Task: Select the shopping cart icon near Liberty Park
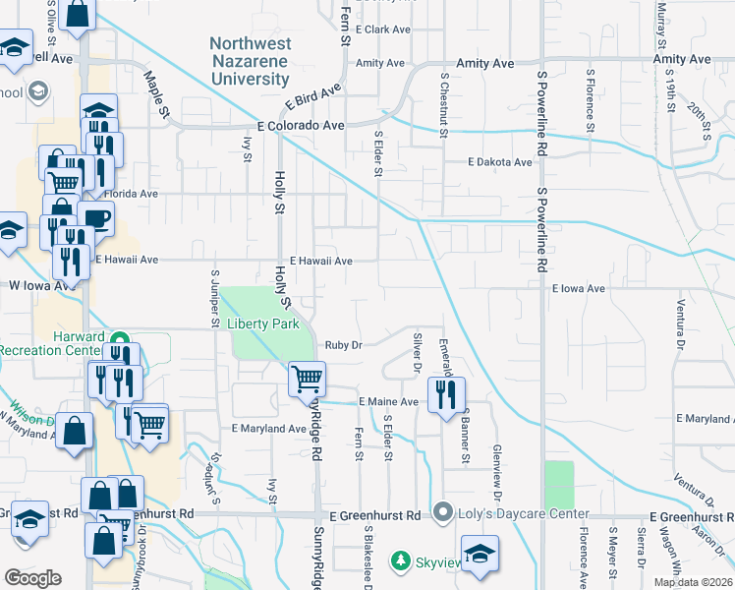click(308, 378)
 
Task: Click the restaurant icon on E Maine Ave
click(448, 394)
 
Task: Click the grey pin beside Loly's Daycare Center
click(443, 512)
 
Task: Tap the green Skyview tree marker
click(400, 560)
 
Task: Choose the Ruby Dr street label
click(344, 345)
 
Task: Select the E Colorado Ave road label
click(301, 126)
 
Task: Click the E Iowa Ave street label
click(579, 289)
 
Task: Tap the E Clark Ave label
click(383, 29)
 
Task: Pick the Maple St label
click(157, 93)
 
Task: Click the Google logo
click(33, 577)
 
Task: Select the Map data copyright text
click(694, 582)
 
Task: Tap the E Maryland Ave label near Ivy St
click(269, 429)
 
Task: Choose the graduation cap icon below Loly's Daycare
click(480, 554)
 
